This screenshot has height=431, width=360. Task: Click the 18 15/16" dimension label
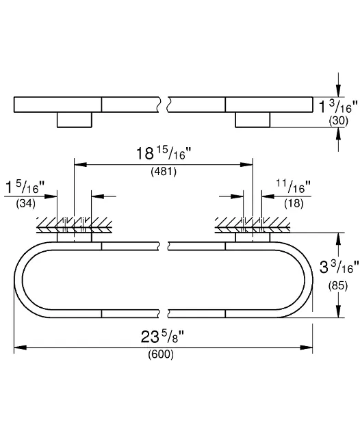point(164,153)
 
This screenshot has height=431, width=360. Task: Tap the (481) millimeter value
point(164,172)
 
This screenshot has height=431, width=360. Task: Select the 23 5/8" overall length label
point(162,336)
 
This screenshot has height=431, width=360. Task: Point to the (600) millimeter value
point(161,354)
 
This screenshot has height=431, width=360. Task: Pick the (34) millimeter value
point(26,204)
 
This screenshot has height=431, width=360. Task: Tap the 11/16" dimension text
point(293,187)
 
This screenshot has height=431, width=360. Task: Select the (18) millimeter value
point(294,204)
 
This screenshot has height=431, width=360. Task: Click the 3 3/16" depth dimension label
point(339,267)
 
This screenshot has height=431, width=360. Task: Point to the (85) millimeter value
point(338,286)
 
